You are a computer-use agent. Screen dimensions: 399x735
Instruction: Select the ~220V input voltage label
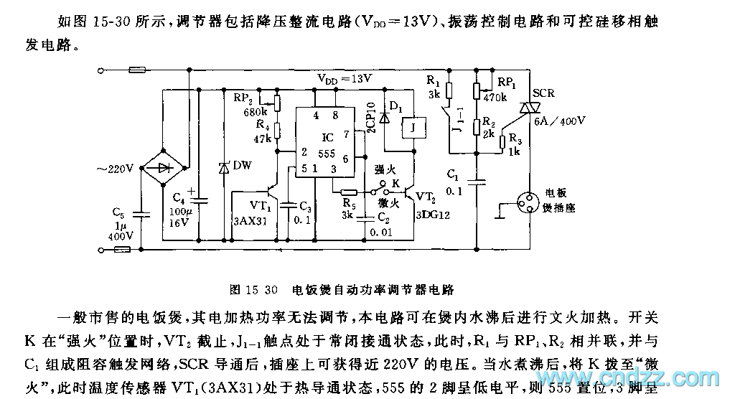click(114, 169)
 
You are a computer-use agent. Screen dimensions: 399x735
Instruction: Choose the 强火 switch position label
click(385, 168)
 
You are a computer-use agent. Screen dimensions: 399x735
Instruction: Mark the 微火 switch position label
click(387, 204)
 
